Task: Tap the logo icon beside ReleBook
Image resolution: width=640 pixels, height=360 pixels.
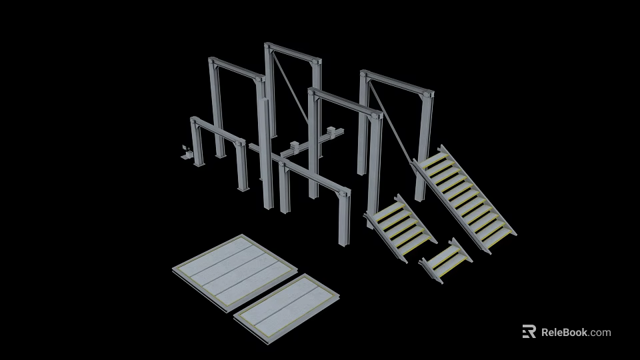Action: click(529, 332)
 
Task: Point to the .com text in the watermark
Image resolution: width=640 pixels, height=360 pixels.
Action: click(599, 332)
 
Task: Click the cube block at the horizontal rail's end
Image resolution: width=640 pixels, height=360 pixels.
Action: click(335, 133)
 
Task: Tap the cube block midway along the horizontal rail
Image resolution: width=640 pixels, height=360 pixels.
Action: click(295, 145)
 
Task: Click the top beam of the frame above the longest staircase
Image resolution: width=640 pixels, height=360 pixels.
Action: click(397, 83)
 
